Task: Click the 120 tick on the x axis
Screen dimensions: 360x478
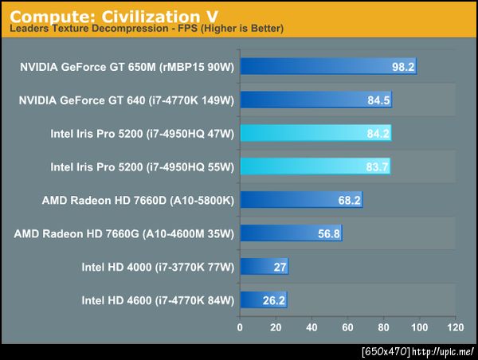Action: pos(455,327)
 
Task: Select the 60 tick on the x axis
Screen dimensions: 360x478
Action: pos(347,327)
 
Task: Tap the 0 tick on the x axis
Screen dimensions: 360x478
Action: pos(240,327)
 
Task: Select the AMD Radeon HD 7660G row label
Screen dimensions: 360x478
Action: pos(124,233)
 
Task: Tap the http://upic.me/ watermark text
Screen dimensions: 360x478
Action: pos(445,351)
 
